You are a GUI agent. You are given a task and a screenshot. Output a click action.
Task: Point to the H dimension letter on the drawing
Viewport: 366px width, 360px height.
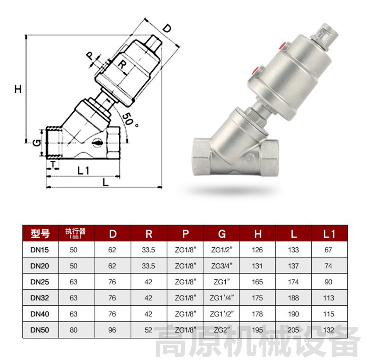point(18,89)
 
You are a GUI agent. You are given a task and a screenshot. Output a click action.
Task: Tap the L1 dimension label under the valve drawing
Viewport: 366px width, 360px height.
point(83,170)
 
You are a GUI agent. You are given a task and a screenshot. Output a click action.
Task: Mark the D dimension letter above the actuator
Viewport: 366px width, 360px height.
point(167,28)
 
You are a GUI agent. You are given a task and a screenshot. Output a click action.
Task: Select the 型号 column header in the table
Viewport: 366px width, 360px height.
point(40,234)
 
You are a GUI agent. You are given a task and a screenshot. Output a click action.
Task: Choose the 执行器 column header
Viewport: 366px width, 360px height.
point(75,233)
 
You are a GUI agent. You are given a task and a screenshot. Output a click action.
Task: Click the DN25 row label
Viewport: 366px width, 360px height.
point(40,282)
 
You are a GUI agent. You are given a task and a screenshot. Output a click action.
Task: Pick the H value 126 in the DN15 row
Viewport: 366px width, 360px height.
point(257,250)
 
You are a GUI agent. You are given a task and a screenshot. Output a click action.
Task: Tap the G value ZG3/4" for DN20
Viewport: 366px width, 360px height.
point(221,266)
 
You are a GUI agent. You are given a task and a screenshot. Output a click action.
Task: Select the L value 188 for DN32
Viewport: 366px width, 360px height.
point(293,298)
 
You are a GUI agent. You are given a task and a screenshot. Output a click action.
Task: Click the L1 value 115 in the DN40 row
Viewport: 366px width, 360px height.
point(328,314)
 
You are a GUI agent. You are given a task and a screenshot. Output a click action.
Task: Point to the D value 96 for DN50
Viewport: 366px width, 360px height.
point(112,330)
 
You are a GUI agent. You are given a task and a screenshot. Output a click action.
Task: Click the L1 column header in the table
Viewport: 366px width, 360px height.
point(329,234)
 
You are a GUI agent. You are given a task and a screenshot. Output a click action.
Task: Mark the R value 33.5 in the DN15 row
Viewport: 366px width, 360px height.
point(148,250)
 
